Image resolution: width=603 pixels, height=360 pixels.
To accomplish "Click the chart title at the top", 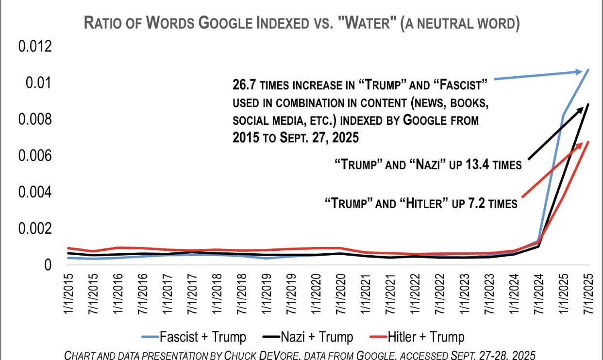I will (x=301, y=23).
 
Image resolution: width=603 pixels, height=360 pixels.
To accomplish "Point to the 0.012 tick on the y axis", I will (x=34, y=47).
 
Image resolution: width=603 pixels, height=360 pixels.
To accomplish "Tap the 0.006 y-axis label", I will (x=34, y=156).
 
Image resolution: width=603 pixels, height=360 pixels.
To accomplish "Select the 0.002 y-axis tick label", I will (x=34, y=229).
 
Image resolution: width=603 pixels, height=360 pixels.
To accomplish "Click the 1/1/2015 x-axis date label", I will (x=71, y=295).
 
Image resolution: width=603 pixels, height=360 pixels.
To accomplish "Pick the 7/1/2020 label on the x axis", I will (x=339, y=295).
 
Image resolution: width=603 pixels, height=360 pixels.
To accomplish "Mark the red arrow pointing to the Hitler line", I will (x=554, y=170).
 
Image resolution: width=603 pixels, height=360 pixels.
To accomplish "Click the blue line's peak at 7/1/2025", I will (x=588, y=70).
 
